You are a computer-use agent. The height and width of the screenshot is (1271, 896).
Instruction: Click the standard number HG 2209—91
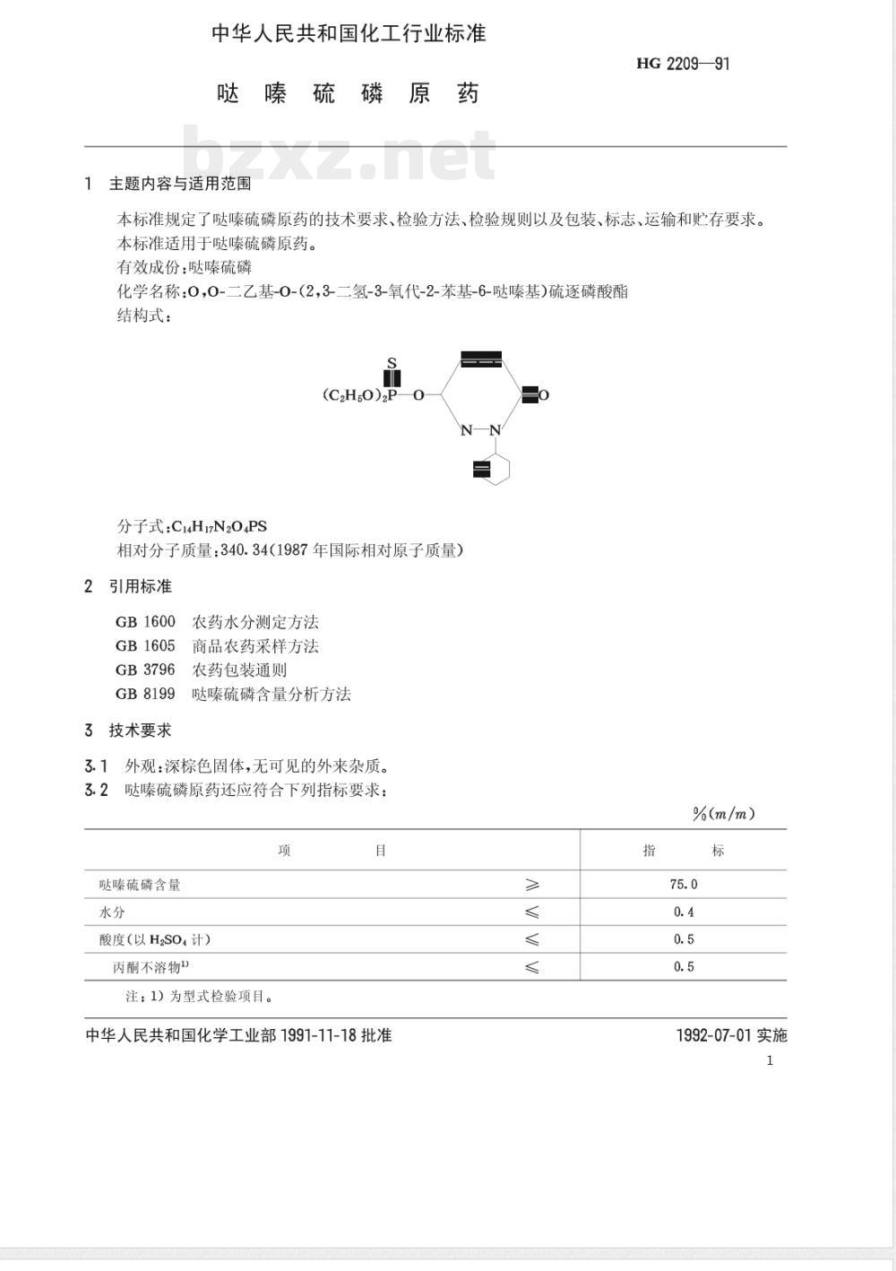(x=683, y=64)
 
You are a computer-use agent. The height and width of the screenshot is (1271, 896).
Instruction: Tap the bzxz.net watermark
(x=340, y=154)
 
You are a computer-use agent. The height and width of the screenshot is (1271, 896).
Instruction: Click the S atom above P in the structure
(x=392, y=363)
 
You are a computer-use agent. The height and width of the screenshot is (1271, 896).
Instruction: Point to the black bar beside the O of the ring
(x=530, y=394)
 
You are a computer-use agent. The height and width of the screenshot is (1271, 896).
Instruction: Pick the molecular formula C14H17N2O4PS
(x=219, y=526)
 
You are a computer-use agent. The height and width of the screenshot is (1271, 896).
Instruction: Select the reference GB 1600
(x=145, y=622)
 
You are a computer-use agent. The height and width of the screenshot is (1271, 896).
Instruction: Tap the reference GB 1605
(x=145, y=646)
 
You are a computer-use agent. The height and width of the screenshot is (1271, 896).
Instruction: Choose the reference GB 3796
(x=145, y=670)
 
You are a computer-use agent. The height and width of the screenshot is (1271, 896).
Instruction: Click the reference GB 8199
(x=145, y=694)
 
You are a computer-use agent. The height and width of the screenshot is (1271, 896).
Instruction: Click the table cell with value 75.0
(x=683, y=885)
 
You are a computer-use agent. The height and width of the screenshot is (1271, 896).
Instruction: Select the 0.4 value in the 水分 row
(x=684, y=912)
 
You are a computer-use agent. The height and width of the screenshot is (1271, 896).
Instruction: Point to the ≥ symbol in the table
(x=532, y=885)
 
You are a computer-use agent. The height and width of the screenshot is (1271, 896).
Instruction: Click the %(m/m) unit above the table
(x=723, y=814)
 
